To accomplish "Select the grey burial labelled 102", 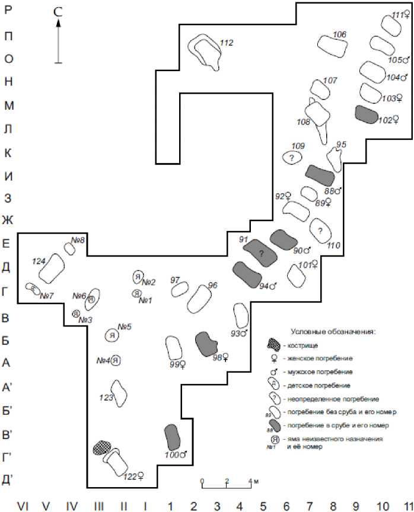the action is click(x=367, y=113).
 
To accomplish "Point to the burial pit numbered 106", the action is click(x=332, y=44).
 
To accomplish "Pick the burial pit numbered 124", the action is click(x=52, y=268).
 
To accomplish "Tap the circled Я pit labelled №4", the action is click(x=116, y=360).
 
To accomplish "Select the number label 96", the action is click(x=213, y=285).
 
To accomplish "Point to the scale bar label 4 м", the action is click(x=251, y=480).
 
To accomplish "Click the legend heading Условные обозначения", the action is click(x=334, y=331).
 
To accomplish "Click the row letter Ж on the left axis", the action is click(x=7, y=220).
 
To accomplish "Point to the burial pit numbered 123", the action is click(x=119, y=392).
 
